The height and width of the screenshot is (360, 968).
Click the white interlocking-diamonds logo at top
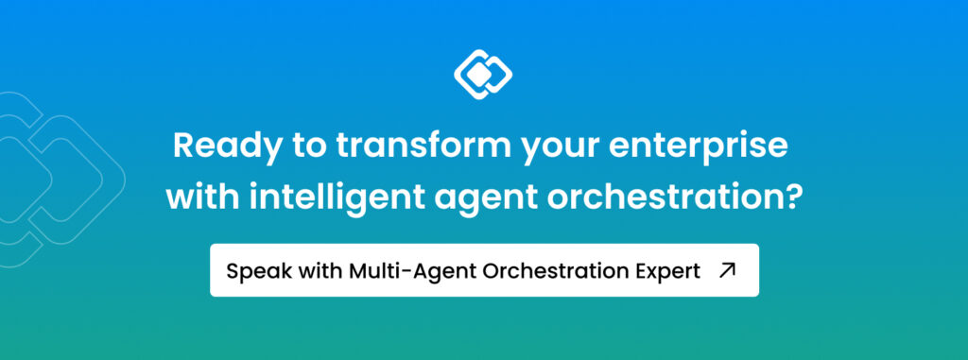(483, 74)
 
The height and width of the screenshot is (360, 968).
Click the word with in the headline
(204, 197)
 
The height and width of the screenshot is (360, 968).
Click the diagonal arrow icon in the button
(728, 270)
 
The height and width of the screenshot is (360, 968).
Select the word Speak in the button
(252, 271)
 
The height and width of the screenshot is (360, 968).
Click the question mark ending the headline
(794, 197)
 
